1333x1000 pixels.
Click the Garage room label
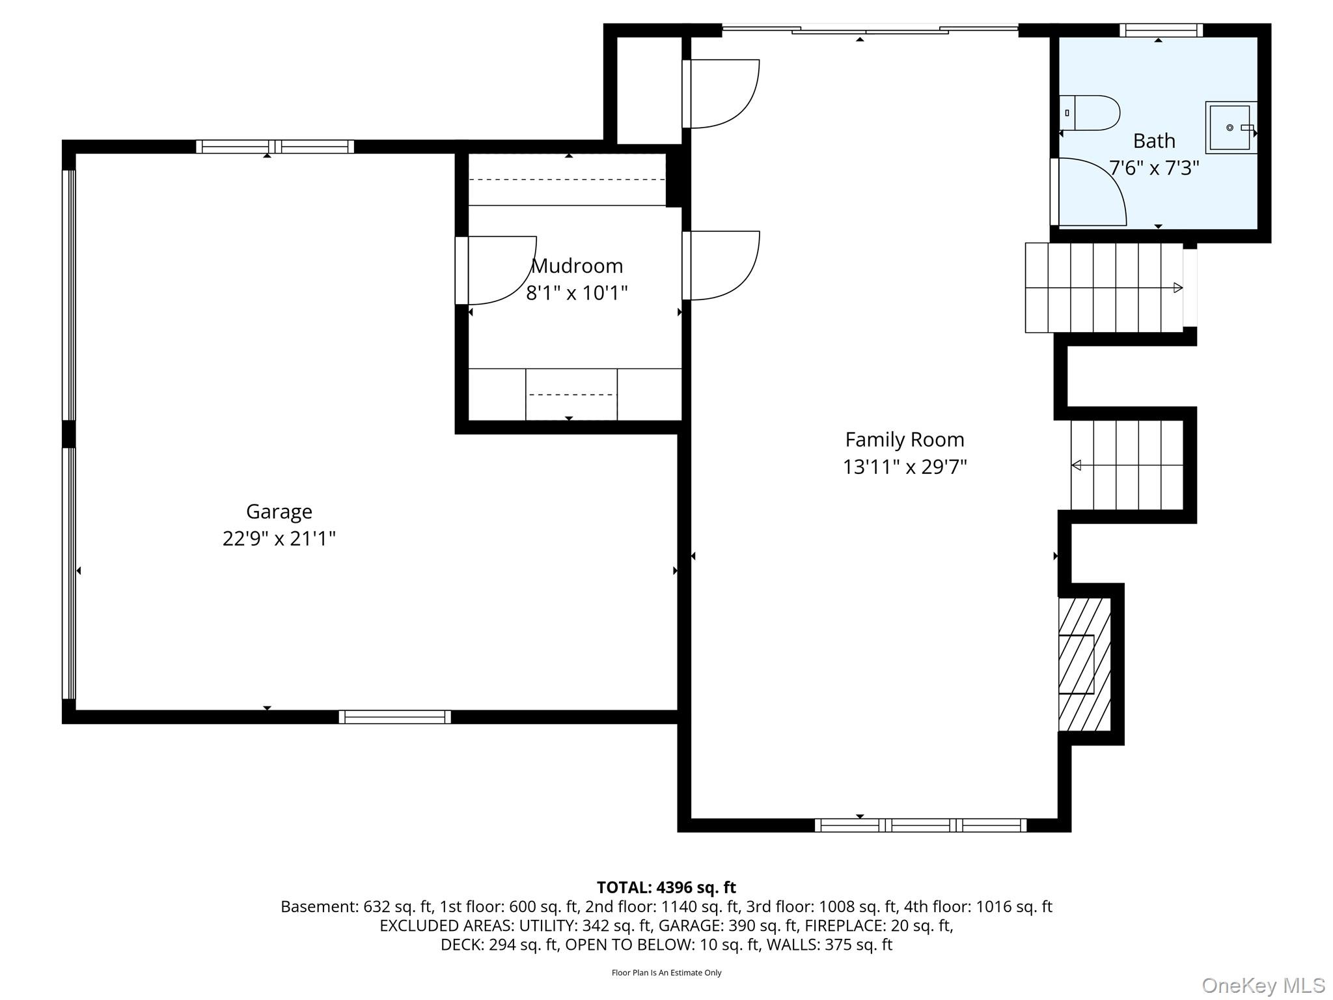click(279, 512)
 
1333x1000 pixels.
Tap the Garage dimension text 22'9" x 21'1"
click(279, 538)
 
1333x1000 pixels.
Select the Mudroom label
click(577, 266)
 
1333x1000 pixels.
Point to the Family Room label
click(905, 439)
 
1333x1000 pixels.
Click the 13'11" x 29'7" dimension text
click(905, 467)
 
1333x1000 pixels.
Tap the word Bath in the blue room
click(1154, 141)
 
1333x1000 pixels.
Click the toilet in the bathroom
click(1090, 113)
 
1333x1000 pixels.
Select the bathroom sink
click(1231, 128)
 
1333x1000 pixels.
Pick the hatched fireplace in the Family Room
click(1084, 665)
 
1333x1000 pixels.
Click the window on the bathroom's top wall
click(1161, 30)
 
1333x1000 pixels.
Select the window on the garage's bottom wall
click(395, 717)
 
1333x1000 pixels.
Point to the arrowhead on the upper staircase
click(1178, 287)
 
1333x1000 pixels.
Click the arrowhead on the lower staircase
click(1077, 465)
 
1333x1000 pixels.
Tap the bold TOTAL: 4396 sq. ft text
click(666, 887)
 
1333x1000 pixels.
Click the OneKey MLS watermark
click(1263, 986)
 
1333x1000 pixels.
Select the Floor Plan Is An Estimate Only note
click(666, 973)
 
